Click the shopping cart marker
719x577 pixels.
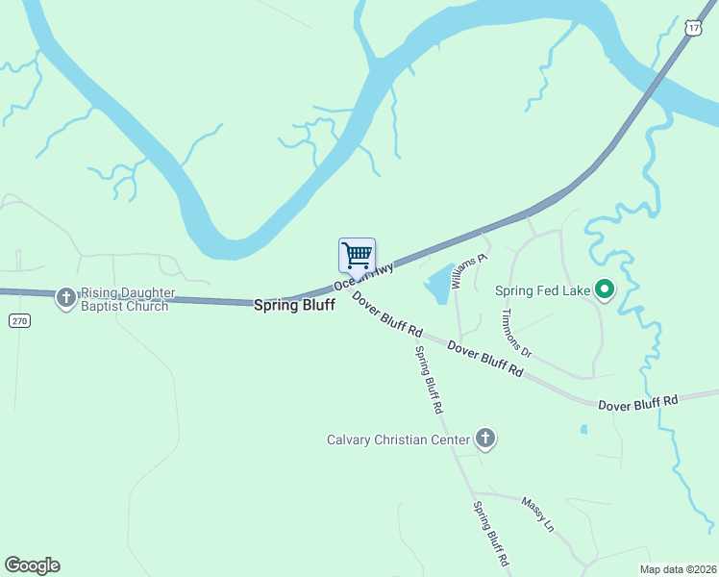[x=357, y=256]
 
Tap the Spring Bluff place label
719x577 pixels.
[x=294, y=305]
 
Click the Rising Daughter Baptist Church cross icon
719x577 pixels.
[x=66, y=298]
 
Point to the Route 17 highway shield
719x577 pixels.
[x=694, y=29]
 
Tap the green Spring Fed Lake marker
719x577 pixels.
[x=605, y=289]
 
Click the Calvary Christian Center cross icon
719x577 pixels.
[x=485, y=439]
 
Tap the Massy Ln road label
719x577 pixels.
[x=538, y=514]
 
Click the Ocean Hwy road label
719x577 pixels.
[x=364, y=276]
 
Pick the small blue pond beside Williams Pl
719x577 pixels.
[x=439, y=283]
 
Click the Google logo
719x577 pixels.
[x=32, y=565]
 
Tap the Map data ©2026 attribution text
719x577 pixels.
[x=679, y=569]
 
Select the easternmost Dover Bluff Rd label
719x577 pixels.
[x=638, y=403]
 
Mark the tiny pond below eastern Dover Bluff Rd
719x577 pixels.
[x=583, y=429]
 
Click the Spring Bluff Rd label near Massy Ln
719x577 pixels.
[x=490, y=533]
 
